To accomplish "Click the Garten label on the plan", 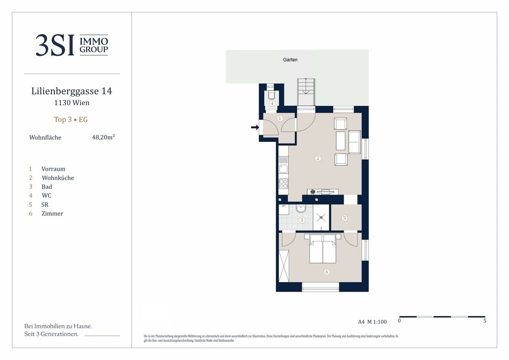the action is [290, 60].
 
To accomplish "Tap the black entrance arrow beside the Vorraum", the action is [255, 127].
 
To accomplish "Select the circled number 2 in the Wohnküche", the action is [318, 158].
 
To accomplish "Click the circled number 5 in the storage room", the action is [344, 218].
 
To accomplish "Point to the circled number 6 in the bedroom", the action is [327, 272].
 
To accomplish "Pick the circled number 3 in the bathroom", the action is [302, 220].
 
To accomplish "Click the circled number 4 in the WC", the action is [272, 103].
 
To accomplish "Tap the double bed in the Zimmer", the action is [323, 248].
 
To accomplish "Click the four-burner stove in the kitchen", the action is [283, 184].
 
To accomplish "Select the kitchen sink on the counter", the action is [283, 169].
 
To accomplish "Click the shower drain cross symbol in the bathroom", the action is [321, 217].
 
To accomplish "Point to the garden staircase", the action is [306, 92].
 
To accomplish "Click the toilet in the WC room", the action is [272, 94].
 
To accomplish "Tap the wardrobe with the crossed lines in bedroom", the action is [284, 266].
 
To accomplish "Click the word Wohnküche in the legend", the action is [58, 178].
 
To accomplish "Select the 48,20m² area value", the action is [103, 137].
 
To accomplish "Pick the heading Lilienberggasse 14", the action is [72, 91].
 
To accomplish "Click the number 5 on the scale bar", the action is [485, 321].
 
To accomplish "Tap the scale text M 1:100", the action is [377, 322].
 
